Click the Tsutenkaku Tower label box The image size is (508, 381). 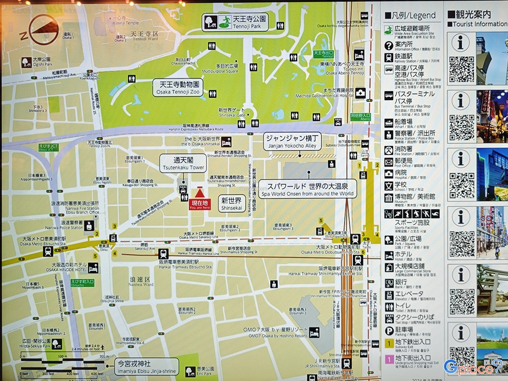tap(176, 163)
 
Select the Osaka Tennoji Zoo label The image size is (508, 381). tap(178, 87)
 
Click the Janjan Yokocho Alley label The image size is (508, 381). tap(292, 140)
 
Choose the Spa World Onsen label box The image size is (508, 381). tap(307, 189)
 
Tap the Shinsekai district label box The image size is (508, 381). tap(231, 203)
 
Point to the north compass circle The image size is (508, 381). tap(44, 29)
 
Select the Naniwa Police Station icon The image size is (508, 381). tap(89, 226)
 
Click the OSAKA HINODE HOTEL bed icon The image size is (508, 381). tap(93, 268)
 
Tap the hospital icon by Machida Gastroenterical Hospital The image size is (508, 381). tap(361, 93)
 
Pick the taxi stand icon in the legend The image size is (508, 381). tap(389, 318)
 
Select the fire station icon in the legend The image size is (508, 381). tap(389, 149)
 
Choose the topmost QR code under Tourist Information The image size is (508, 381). tap(461, 69)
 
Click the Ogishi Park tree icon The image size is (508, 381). tap(26, 62)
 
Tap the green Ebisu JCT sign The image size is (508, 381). tap(48, 147)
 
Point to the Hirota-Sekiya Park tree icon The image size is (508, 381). tap(57, 344)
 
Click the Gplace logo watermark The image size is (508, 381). tap(473, 367)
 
